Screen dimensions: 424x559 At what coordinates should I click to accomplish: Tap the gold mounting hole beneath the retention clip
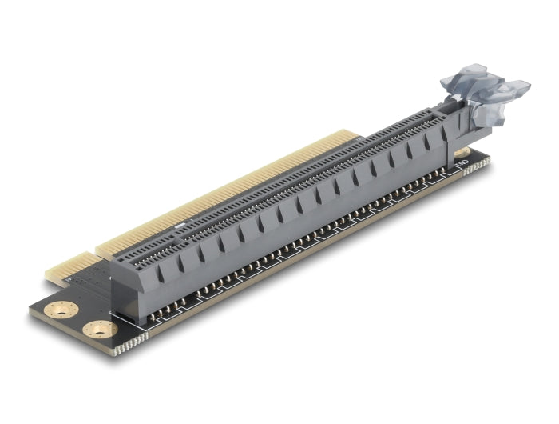462,151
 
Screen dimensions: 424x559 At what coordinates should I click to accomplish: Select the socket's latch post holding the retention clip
455,112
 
